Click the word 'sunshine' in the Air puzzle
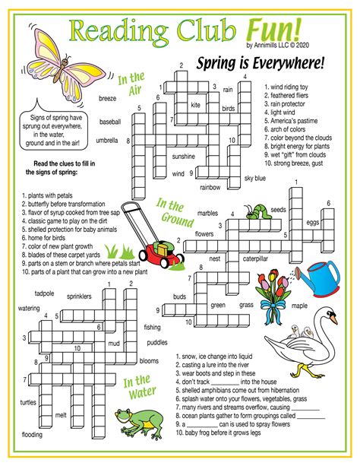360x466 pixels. (x=183, y=156)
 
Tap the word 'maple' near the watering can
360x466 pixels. (x=300, y=306)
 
